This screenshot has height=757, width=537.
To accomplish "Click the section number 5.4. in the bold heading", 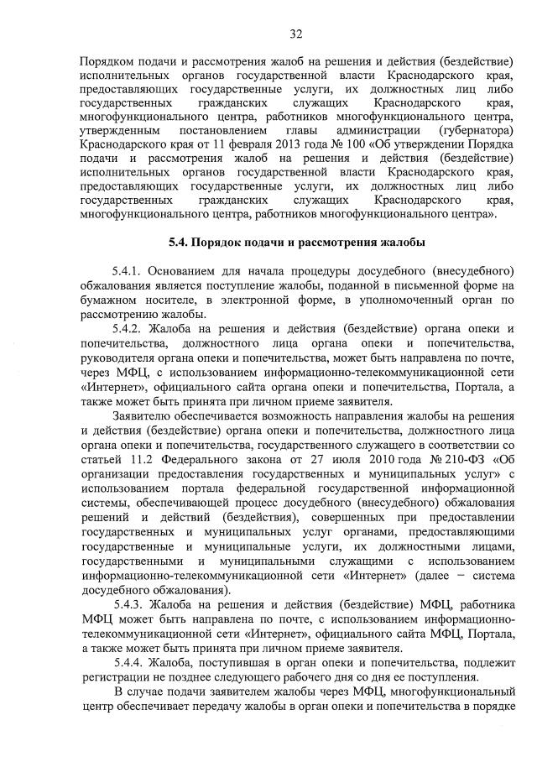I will click(x=180, y=243).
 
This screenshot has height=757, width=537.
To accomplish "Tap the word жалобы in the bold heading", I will click(x=404, y=243).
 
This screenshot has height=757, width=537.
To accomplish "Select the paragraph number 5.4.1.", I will click(x=127, y=272).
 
